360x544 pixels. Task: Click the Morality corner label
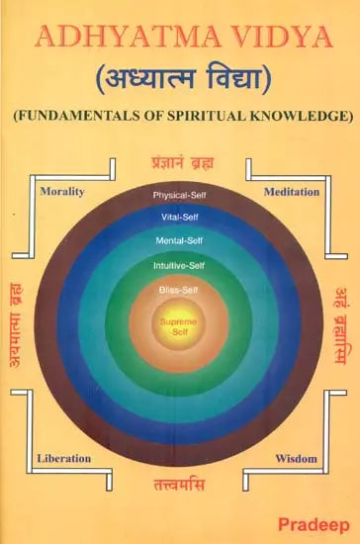[60, 190]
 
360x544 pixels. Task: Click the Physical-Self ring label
[179, 195]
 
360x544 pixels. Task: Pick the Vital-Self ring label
[179, 217]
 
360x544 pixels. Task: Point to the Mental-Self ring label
[179, 240]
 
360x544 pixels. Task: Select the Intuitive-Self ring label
[179, 264]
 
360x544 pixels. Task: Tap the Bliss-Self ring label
[179, 290]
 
